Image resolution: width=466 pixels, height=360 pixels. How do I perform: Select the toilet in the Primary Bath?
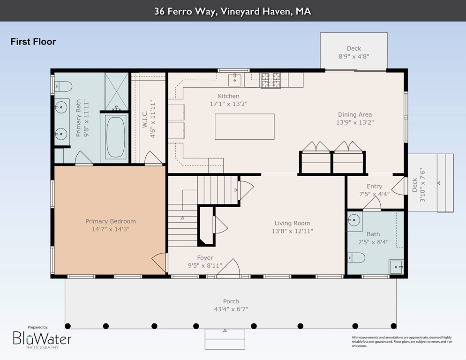click(x=63, y=87)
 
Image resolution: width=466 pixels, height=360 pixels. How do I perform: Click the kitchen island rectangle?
click(x=245, y=127)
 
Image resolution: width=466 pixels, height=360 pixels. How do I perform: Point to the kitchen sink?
click(x=235, y=80)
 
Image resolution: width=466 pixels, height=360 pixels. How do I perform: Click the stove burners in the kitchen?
click(x=271, y=81)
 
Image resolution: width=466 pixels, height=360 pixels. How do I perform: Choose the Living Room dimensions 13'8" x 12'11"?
click(x=293, y=231)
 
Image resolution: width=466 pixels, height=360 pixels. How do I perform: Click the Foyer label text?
click(x=205, y=258)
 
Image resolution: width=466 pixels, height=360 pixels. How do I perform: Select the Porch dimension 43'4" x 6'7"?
click(x=231, y=309)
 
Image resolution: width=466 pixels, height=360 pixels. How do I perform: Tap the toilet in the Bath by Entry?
click(x=356, y=258)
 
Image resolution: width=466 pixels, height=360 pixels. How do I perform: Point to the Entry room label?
click(x=374, y=187)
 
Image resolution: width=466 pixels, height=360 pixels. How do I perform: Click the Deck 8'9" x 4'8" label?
click(x=353, y=52)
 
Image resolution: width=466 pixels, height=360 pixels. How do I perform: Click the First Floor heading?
click(x=33, y=42)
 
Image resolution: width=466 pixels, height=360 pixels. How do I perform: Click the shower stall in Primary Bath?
click(x=116, y=91)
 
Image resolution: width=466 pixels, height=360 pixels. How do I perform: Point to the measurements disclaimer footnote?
click(x=402, y=342)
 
